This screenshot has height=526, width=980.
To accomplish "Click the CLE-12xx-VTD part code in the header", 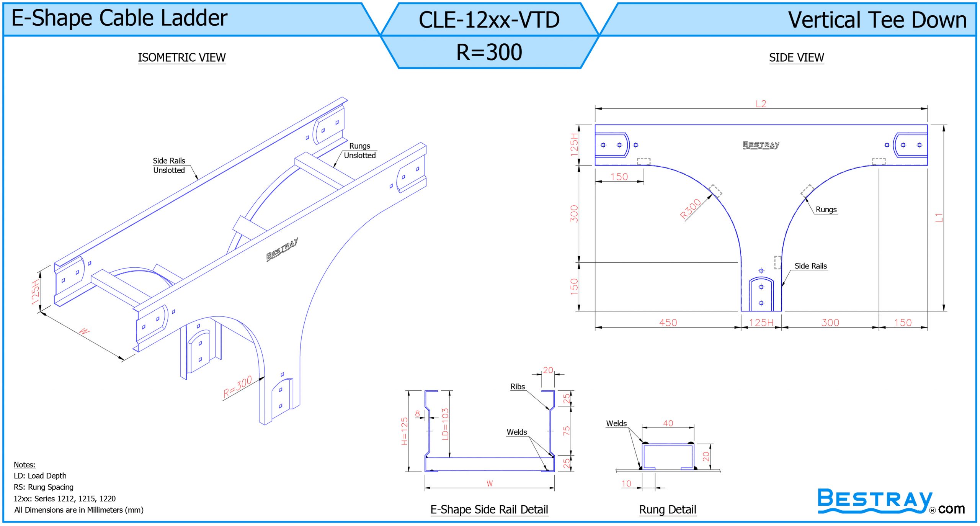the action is click(x=489, y=20).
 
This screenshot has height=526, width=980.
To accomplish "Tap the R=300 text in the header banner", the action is click(x=489, y=52).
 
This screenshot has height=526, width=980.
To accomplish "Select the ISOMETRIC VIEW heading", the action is click(x=182, y=57).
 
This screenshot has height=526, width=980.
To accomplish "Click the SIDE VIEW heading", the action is click(x=796, y=57).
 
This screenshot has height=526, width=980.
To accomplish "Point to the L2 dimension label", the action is click(x=761, y=104).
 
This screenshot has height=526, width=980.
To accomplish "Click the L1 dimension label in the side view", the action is click(x=939, y=218).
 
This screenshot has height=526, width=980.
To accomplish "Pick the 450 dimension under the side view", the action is click(x=668, y=323).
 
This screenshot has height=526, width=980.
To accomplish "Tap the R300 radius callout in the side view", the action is click(x=690, y=209).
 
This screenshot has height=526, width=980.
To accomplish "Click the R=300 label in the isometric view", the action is click(x=237, y=387).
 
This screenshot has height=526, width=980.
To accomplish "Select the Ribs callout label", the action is click(x=518, y=387).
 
